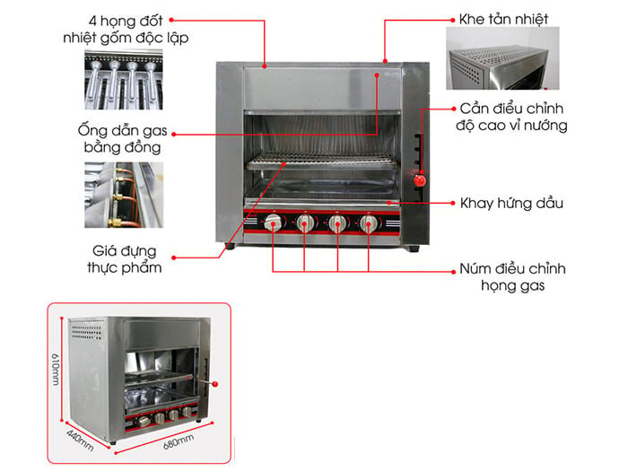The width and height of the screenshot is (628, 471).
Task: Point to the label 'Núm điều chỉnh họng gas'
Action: click(x=511, y=277)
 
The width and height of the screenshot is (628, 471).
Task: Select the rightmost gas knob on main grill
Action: click(x=369, y=224)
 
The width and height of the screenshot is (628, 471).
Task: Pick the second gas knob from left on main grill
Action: click(x=305, y=224)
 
